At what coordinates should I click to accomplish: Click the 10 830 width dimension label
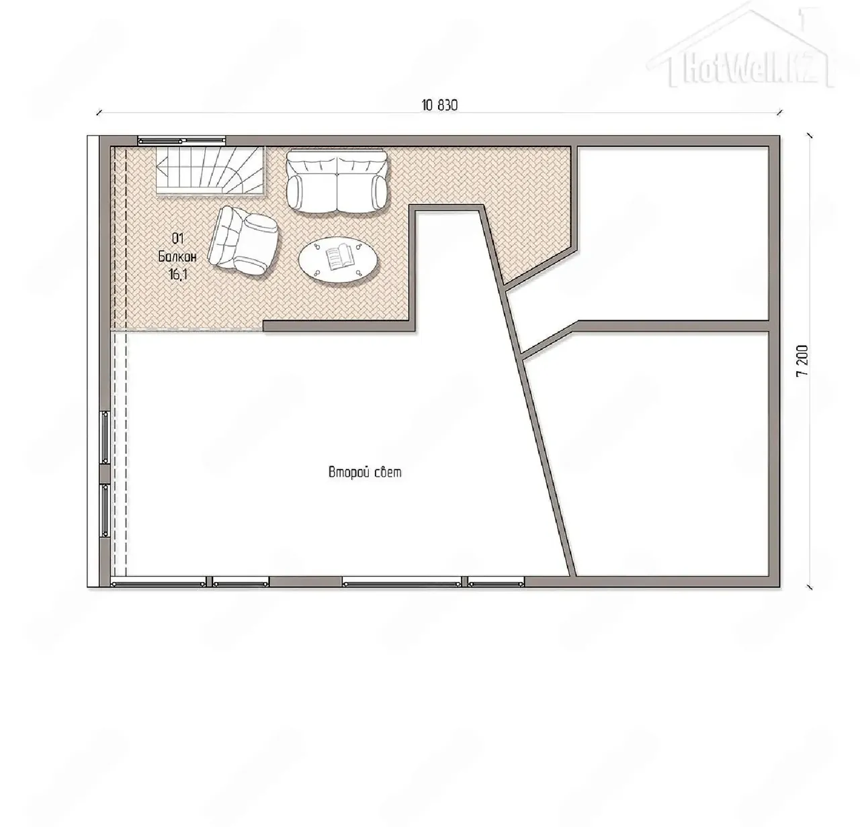[x=439, y=105]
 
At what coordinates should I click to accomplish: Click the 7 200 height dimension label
[x=802, y=360]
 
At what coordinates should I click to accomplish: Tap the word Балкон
[x=177, y=256]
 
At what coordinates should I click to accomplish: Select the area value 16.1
[x=177, y=274]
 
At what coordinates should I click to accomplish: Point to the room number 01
[x=177, y=239]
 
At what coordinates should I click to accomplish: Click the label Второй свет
[x=365, y=473]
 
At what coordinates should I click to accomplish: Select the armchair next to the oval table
[x=243, y=240]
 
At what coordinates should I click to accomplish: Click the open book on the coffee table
[x=339, y=258]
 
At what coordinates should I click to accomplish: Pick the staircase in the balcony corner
[x=210, y=171]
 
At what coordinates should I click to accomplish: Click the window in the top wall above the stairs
[x=181, y=141]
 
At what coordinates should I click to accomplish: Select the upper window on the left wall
[x=105, y=437]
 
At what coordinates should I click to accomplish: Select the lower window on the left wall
[x=105, y=510]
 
